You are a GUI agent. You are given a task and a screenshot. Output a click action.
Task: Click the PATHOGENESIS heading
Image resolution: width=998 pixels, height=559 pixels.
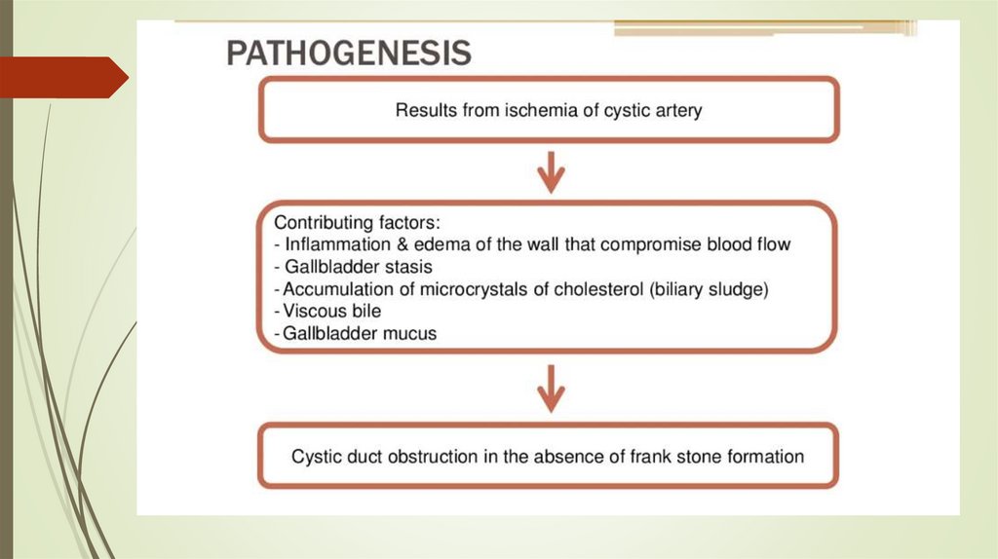(349, 52)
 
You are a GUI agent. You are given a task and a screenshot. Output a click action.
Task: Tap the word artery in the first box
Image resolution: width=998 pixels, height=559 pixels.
(675, 111)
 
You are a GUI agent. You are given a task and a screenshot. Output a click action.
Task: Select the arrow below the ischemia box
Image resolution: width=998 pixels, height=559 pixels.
(552, 173)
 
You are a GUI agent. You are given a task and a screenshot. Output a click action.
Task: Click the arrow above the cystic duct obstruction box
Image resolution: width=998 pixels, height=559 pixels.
(552, 387)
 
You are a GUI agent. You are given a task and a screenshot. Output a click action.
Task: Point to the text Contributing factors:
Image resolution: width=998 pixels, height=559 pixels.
(358, 222)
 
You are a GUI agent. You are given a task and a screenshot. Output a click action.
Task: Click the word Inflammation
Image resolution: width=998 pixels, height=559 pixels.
(332, 244)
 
